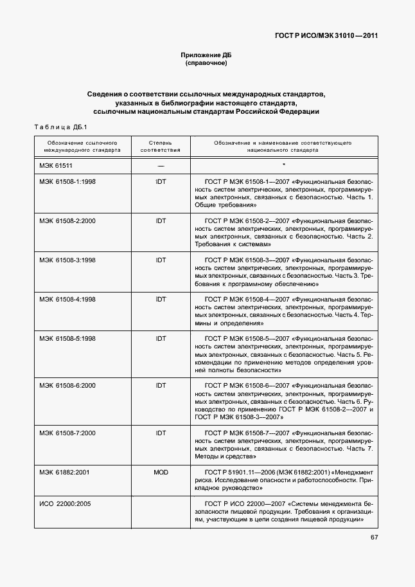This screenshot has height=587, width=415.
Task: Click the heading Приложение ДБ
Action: (206, 55)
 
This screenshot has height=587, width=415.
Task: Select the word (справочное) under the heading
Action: (206, 64)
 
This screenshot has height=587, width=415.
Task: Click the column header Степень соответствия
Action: (161, 145)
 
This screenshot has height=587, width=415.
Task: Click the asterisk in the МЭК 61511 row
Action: (283, 166)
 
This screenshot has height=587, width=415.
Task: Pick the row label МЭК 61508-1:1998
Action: (67, 183)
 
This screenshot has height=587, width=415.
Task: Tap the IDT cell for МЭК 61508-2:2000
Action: (161, 221)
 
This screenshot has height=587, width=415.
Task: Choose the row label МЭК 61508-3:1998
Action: (67, 260)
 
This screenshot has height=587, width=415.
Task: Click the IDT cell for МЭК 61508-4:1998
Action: (161, 299)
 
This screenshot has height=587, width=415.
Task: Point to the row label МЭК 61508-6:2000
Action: (67, 385)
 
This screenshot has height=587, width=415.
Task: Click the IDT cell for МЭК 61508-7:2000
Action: (161, 433)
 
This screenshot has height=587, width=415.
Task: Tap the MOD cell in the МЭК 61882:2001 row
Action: (161, 472)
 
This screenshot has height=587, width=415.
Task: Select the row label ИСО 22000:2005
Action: (65, 503)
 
